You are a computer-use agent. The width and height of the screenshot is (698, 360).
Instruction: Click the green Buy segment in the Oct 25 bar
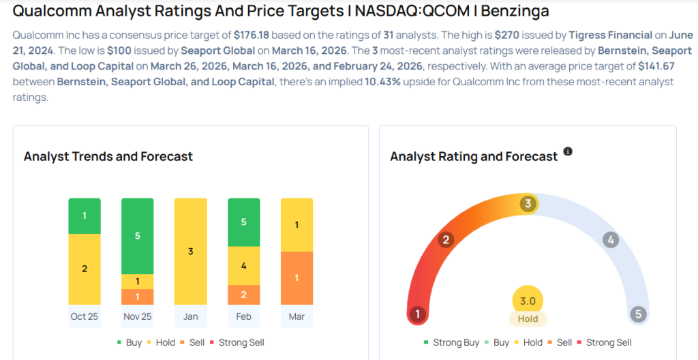point(85,215)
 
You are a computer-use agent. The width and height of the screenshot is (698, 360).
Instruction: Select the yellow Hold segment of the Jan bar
point(191,251)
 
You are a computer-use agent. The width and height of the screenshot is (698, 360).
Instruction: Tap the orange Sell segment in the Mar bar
point(297,278)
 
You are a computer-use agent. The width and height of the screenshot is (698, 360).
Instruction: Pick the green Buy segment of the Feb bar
point(244,222)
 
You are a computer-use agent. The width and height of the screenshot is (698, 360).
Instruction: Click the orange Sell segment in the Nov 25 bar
point(138,297)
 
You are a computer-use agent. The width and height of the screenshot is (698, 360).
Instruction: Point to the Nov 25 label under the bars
point(138,317)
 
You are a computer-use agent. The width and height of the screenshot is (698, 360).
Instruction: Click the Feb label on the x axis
point(244,317)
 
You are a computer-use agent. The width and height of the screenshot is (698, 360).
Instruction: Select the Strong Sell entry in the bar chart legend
point(241,342)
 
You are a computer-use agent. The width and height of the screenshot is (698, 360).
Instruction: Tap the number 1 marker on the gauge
point(417,314)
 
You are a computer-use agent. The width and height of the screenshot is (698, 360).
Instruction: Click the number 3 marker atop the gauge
point(527,204)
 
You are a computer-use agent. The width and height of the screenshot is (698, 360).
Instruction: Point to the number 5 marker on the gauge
point(638,314)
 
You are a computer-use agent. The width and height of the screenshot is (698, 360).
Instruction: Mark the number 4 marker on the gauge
point(611,239)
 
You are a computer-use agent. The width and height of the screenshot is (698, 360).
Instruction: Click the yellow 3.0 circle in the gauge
point(528,300)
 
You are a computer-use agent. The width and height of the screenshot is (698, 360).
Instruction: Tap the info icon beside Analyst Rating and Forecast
point(568,151)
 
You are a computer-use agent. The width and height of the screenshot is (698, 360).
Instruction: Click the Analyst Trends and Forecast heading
point(108,156)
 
